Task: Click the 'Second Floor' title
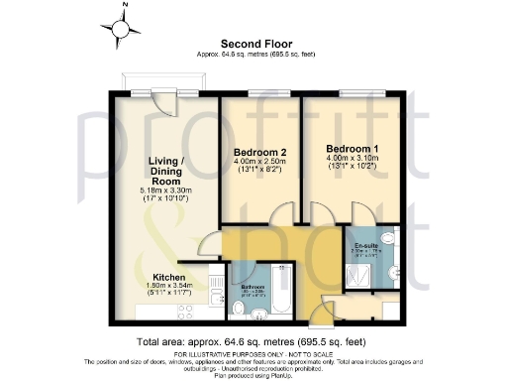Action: pyautogui.click(x=253, y=44)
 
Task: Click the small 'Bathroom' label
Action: pyautogui.click(x=253, y=286)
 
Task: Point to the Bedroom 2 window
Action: pyautogui.click(x=259, y=95)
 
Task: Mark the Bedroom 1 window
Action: pyautogui.click(x=351, y=95)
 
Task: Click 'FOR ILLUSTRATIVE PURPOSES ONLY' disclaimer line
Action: pyautogui.click(x=253, y=353)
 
